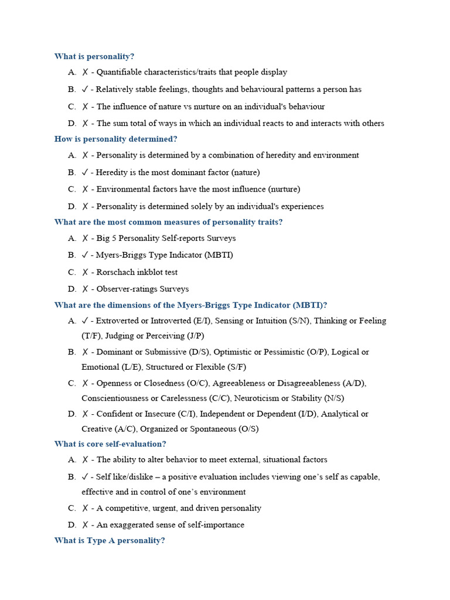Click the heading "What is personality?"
(x=94, y=57)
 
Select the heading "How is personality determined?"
(x=115, y=139)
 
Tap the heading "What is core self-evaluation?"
(x=110, y=444)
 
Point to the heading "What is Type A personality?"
(x=110, y=541)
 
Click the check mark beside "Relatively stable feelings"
(x=86, y=90)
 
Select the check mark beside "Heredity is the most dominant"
(x=86, y=172)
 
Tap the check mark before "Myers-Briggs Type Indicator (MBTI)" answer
(x=86, y=255)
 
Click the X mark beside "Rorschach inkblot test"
(x=86, y=272)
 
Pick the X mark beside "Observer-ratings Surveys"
(x=86, y=289)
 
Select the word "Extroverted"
(x=117, y=321)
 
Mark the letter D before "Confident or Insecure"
(x=71, y=414)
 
